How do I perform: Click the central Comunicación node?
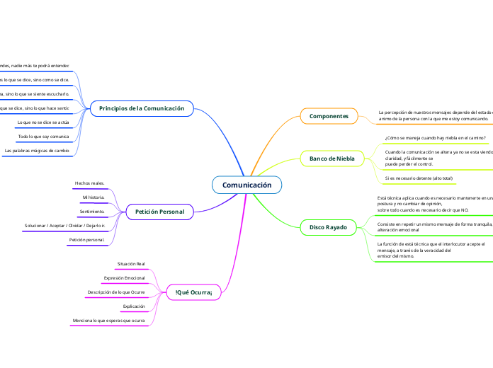[246, 185]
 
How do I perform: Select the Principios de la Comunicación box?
[142, 108]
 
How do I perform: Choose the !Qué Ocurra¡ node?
[193, 291]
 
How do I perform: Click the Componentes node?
[329, 115]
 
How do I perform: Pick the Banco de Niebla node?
[331, 159]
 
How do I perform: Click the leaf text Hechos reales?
[89, 183]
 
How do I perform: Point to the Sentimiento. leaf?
[92, 212]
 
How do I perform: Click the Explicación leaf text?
[134, 306]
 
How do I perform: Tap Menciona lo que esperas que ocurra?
[109, 321]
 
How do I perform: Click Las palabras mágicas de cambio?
[37, 150]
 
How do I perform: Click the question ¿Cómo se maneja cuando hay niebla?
[435, 138]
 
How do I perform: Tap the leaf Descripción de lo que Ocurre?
[116, 292]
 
